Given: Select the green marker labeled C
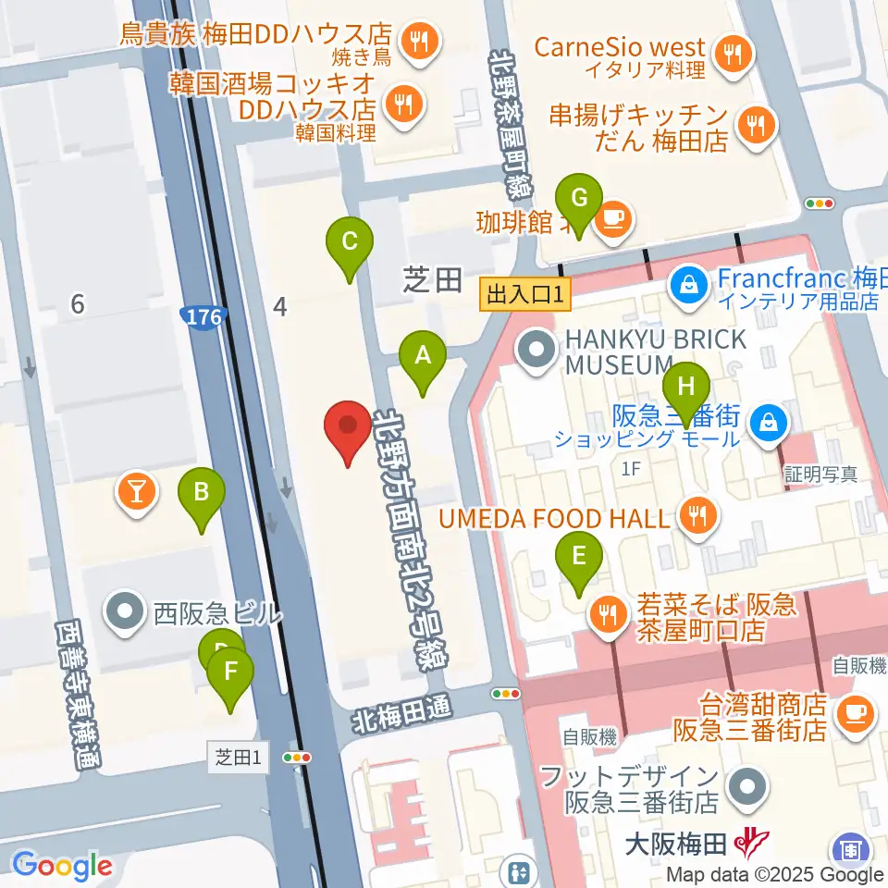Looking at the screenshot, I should [350, 243].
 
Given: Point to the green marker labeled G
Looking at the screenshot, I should [579, 199].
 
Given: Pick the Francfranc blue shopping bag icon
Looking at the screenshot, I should [688, 283].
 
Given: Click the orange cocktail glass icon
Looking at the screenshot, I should [136, 491].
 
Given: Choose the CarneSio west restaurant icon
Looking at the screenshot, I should [735, 53].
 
